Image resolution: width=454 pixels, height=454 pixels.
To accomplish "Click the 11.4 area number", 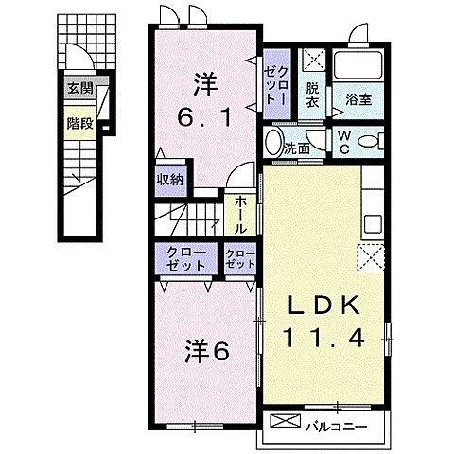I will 323,337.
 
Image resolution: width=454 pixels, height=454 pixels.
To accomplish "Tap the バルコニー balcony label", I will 336,426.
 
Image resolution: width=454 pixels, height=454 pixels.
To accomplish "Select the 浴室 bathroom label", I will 358,97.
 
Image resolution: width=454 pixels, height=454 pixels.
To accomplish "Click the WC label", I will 343,143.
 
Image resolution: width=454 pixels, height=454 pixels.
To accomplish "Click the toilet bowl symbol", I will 369,143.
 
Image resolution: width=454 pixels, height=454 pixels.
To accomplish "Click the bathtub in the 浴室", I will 358,66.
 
